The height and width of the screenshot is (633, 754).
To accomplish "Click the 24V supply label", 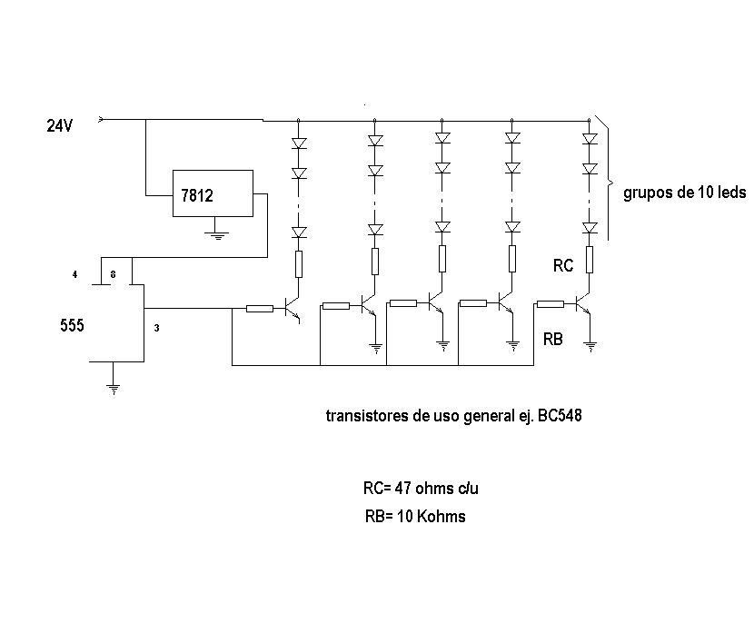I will pyautogui.click(x=60, y=127).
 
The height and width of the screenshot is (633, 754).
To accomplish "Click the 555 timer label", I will pyautogui.click(x=72, y=325).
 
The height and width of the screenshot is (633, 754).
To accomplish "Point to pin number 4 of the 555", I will pyautogui.click(x=75, y=273).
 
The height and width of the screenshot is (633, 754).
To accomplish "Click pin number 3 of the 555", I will pyautogui.click(x=156, y=328).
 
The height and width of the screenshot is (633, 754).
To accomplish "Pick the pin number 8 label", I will pyautogui.click(x=113, y=273).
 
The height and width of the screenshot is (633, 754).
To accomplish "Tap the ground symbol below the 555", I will pyautogui.click(x=113, y=389).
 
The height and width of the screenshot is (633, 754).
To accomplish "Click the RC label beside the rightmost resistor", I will pyautogui.click(x=563, y=266).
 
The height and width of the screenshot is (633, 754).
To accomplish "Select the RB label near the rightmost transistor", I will pyautogui.click(x=552, y=340).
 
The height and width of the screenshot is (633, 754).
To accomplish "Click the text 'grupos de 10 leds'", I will pyautogui.click(x=684, y=193).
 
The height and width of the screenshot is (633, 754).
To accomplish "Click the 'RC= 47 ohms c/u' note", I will pyautogui.click(x=421, y=488).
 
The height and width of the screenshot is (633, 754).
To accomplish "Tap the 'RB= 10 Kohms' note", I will pyautogui.click(x=413, y=516).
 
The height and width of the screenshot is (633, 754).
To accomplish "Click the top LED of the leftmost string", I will pyautogui.click(x=298, y=143).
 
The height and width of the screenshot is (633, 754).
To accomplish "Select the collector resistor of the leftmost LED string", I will pyautogui.click(x=298, y=264).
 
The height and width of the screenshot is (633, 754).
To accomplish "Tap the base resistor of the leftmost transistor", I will pyautogui.click(x=260, y=309).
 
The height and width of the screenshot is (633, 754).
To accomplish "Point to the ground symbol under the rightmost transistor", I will pyautogui.click(x=590, y=344).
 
